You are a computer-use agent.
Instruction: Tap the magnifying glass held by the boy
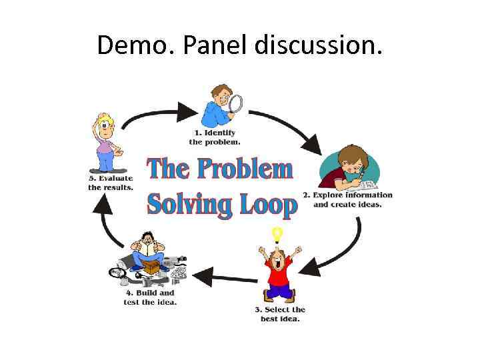pos(235,104)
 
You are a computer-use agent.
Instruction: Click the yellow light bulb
pos(277,234)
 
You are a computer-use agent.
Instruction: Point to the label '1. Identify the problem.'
pos(215,137)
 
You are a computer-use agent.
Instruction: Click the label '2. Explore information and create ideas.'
pos(348,199)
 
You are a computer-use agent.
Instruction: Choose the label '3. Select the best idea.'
pos(280,313)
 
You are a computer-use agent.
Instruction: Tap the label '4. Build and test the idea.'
pos(150,297)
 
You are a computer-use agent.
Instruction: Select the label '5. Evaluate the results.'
pos(111,183)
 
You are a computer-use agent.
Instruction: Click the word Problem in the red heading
pos(247,169)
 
